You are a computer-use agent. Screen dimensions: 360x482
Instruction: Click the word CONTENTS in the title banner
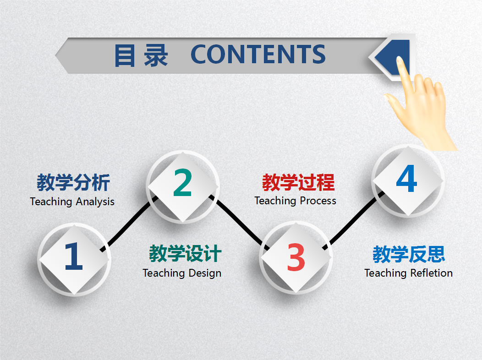258,55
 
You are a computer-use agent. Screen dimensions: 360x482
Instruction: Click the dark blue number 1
73,256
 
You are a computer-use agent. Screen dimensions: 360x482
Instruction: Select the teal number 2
182,183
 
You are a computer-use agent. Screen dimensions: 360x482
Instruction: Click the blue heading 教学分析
73,183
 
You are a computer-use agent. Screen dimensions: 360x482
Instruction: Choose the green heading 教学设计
185,254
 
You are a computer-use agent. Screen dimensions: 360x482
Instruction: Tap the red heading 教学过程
298,182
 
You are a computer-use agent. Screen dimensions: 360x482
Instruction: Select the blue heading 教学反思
409,254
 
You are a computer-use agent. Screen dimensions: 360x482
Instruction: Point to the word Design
203,273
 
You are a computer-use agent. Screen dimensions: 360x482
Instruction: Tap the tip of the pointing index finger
400,60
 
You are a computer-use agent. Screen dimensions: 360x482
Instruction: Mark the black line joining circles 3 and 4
353,223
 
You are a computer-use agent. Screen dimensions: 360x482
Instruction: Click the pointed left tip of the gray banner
57,55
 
